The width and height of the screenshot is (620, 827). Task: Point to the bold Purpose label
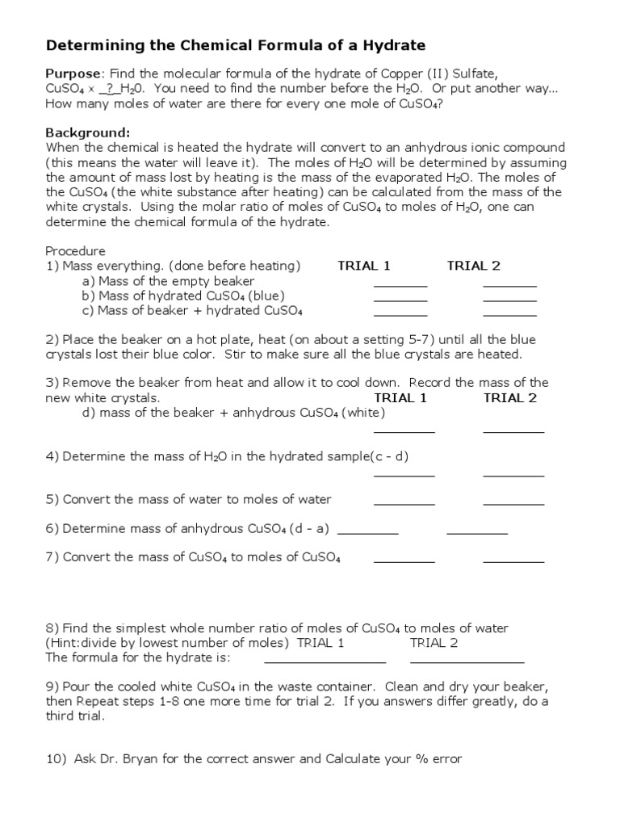click(72, 73)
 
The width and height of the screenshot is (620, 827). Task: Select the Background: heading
click(87, 132)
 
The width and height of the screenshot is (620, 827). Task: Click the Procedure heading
click(75, 251)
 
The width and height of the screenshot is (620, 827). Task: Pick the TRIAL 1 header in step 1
click(364, 266)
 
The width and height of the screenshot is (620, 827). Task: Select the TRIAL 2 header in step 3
click(509, 397)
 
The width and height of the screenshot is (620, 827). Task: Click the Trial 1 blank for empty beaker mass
click(400, 284)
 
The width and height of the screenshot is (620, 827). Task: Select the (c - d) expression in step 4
click(389, 456)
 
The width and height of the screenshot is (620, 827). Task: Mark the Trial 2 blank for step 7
click(513, 560)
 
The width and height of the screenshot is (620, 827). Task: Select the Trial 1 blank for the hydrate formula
click(325, 661)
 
